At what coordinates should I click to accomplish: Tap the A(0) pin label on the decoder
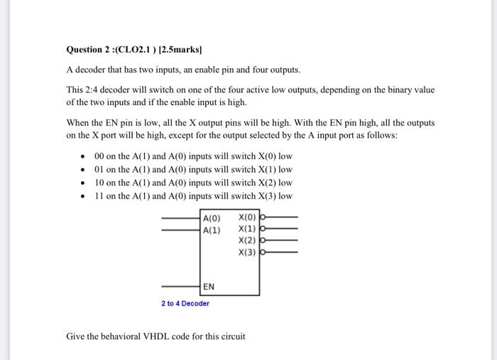click(212, 218)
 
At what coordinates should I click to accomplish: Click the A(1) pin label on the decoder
click(212, 229)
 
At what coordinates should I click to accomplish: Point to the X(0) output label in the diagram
click(248, 218)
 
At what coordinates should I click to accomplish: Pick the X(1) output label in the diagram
click(248, 229)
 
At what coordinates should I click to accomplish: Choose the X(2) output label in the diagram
click(248, 241)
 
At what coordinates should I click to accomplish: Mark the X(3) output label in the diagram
click(248, 252)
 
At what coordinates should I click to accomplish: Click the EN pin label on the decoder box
click(209, 287)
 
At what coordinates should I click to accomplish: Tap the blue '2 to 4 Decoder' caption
click(185, 304)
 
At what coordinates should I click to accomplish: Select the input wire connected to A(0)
click(182, 218)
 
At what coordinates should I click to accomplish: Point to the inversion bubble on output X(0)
click(263, 218)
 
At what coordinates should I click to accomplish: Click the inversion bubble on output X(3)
click(263, 252)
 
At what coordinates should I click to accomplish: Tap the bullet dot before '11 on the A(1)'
click(83, 197)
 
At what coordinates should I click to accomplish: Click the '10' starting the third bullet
click(99, 183)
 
